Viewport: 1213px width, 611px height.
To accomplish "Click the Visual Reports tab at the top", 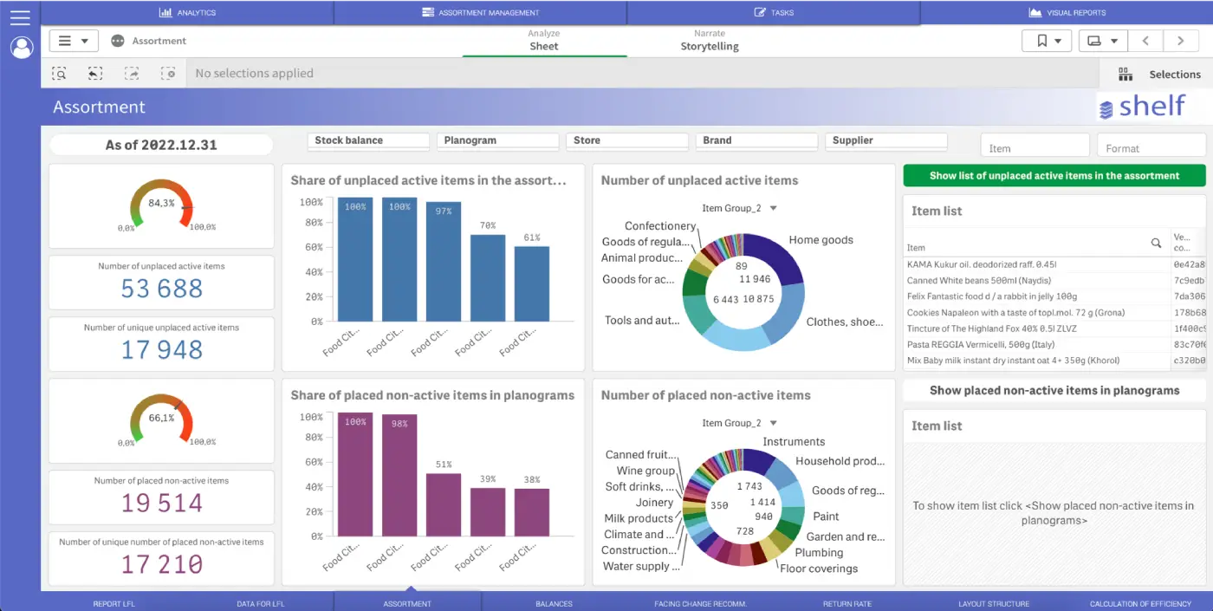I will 1067,12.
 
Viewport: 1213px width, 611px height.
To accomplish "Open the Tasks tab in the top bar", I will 774,12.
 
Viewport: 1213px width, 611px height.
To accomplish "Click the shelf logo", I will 1142,107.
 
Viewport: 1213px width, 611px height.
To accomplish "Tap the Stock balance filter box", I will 368,140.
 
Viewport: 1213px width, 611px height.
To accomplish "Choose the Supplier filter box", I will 886,140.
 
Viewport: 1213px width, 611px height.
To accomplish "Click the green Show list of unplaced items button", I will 1054,176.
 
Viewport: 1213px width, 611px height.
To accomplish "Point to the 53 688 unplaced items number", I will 162,288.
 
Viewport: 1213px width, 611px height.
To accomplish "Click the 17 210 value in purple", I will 162,564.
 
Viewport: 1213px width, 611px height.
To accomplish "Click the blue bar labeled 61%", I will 532,283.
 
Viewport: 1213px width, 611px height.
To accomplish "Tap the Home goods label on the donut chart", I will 821,240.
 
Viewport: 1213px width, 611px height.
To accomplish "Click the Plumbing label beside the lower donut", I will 819,553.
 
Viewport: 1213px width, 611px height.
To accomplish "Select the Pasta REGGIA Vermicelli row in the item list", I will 1036,345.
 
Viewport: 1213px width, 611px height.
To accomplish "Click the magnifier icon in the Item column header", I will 1156,244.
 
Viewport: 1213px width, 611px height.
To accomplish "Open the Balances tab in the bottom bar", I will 554,603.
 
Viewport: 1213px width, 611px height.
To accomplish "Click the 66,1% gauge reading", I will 162,418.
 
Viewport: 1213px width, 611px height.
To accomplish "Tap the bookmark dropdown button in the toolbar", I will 1047,41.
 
